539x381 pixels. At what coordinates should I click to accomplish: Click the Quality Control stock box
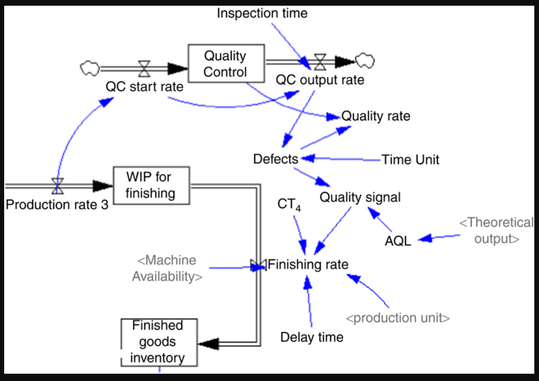pyautogui.click(x=225, y=64)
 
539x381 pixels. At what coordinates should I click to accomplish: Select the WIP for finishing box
pyautogui.click(x=152, y=186)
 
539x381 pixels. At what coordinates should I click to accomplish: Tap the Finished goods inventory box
pyautogui.click(x=159, y=341)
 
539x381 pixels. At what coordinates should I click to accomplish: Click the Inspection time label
pyautogui.click(x=262, y=13)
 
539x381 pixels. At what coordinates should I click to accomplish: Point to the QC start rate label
pyautogui.click(x=144, y=86)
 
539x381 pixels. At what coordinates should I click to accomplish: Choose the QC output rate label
pyautogui.click(x=320, y=80)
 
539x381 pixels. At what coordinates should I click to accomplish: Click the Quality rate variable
pyautogui.click(x=375, y=116)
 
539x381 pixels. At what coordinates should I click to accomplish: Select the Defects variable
pyautogui.click(x=275, y=159)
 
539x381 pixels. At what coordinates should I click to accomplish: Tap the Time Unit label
pyautogui.click(x=410, y=159)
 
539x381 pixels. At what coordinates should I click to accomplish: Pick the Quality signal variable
pyautogui.click(x=360, y=197)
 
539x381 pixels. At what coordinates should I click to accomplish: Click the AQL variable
pyautogui.click(x=398, y=240)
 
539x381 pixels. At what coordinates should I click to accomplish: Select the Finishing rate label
pyautogui.click(x=308, y=265)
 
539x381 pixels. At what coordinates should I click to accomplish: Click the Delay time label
pyautogui.click(x=312, y=337)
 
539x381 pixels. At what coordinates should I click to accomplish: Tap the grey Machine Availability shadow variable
pyautogui.click(x=167, y=268)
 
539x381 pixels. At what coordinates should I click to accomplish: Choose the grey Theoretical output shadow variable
pyautogui.click(x=496, y=231)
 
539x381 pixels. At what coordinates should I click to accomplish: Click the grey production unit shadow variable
pyautogui.click(x=398, y=318)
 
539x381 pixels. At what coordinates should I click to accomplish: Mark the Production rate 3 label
pyautogui.click(x=57, y=204)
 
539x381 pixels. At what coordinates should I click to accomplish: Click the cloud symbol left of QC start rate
pyautogui.click(x=89, y=67)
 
